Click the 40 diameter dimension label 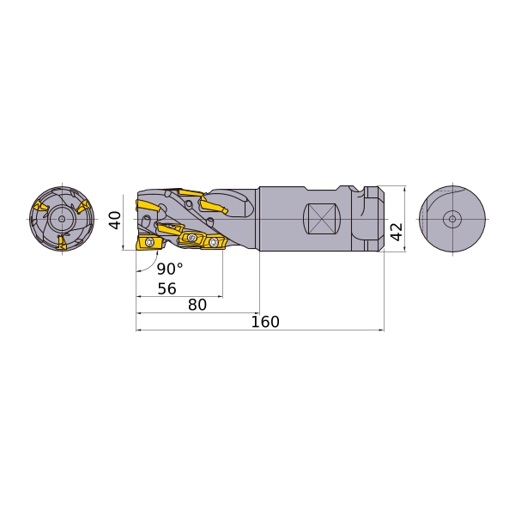point(115,220)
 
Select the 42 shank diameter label point(397,232)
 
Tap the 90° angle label point(170,269)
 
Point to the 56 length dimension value point(167,288)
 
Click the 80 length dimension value point(197,305)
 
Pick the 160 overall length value point(265,322)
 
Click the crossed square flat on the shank point(322,219)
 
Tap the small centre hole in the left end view point(62,218)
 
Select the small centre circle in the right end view point(452,219)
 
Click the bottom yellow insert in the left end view point(62,242)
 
